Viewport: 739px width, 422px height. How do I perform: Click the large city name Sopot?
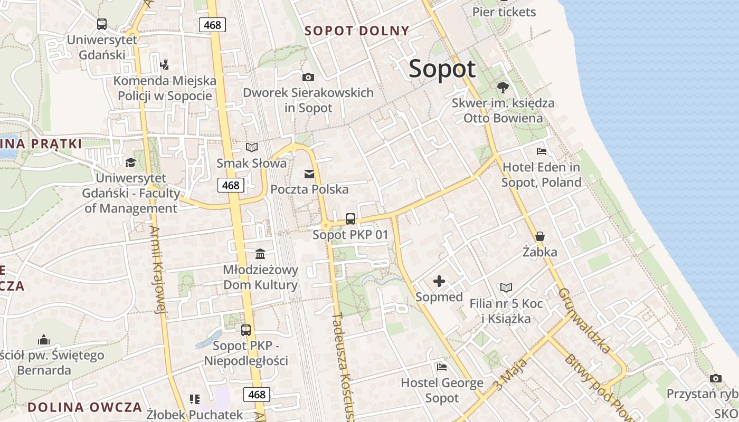pyautogui.click(x=442, y=69)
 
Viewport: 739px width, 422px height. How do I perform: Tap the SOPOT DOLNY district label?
pyautogui.click(x=357, y=31)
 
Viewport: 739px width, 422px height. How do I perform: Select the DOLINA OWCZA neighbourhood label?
pyautogui.click(x=84, y=407)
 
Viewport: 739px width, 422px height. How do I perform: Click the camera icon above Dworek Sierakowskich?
pyautogui.click(x=308, y=78)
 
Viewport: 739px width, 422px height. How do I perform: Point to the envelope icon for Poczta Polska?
pyautogui.click(x=309, y=174)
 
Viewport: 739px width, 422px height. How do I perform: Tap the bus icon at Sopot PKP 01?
pyautogui.click(x=350, y=218)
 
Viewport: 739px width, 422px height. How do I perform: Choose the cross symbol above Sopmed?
pyautogui.click(x=439, y=281)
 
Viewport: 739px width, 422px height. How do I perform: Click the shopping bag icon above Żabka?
pyautogui.click(x=540, y=236)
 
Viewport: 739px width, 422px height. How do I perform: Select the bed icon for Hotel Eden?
pyautogui.click(x=541, y=152)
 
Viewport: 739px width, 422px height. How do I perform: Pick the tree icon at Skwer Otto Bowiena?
pyautogui.click(x=503, y=87)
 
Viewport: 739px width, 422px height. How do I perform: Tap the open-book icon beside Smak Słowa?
pyautogui.click(x=252, y=148)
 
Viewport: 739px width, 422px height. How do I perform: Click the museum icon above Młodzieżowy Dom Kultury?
pyautogui.click(x=260, y=254)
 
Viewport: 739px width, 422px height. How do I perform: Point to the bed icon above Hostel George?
pyautogui.click(x=442, y=367)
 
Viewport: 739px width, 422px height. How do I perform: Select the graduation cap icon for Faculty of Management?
pyautogui.click(x=130, y=162)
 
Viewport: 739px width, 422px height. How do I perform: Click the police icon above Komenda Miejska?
pyautogui.click(x=164, y=65)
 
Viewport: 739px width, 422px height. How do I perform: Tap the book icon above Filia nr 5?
pyautogui.click(x=506, y=287)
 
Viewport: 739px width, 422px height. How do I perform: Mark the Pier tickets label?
pyautogui.click(x=504, y=12)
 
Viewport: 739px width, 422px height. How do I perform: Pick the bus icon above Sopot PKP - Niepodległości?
pyautogui.click(x=246, y=330)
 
